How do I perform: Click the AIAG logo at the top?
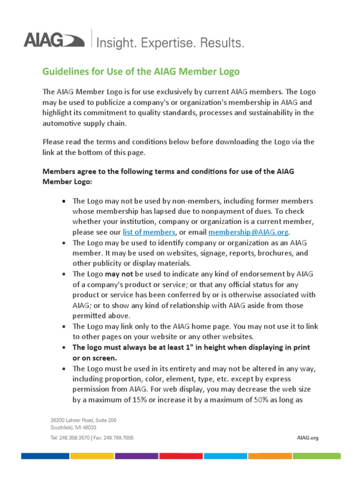(x=54, y=40)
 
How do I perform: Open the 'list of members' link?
(x=149, y=232)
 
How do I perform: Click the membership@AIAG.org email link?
(x=249, y=232)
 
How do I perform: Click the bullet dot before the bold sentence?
(x=64, y=348)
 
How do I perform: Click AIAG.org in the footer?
(x=308, y=437)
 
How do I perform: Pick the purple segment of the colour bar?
(x=136, y=456)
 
